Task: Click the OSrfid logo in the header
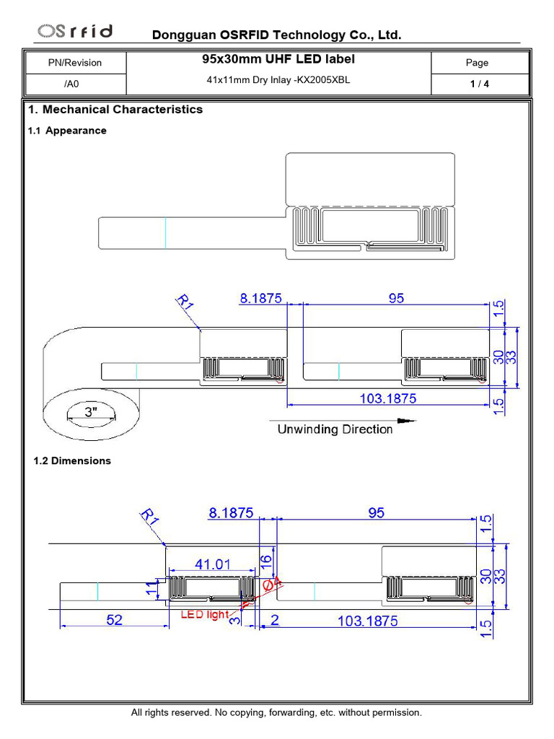tap(75, 31)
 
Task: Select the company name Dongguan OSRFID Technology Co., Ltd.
tap(276, 35)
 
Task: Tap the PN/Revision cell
tap(75, 63)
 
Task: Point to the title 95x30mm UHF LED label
tap(278, 59)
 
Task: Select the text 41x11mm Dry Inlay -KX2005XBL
tap(278, 80)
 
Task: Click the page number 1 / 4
tap(480, 84)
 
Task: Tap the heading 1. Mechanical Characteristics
tap(115, 110)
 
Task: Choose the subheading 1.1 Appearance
tap(67, 131)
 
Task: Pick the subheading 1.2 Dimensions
tap(72, 460)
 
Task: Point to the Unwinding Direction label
tap(335, 429)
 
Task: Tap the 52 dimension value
tap(114, 620)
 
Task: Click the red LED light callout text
tap(204, 615)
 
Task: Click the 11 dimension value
tap(151, 590)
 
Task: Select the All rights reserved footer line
tap(276, 712)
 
